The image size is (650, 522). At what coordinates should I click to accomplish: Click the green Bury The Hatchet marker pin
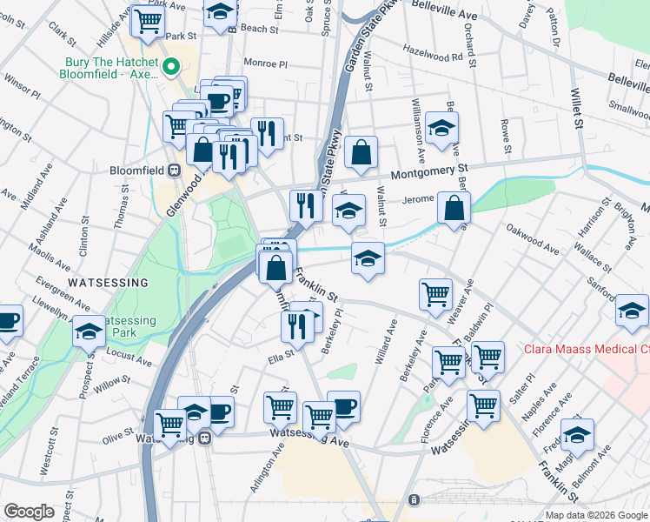point(172,66)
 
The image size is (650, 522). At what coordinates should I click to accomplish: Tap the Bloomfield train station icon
point(174,171)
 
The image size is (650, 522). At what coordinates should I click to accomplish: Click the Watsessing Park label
point(128,326)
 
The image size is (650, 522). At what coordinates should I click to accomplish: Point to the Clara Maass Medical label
point(586,351)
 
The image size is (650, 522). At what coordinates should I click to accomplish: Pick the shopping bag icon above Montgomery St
point(360,152)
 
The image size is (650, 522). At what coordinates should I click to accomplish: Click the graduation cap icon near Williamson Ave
point(442,127)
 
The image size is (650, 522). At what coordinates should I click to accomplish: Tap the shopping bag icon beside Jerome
point(454,208)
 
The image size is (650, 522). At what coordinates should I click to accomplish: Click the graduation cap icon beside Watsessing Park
point(89,331)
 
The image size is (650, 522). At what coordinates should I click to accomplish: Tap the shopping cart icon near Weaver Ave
point(435,293)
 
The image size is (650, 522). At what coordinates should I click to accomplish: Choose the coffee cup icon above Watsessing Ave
point(343,406)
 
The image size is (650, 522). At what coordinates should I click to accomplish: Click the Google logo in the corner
point(29,511)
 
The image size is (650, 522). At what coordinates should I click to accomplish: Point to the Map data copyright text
point(595,515)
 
